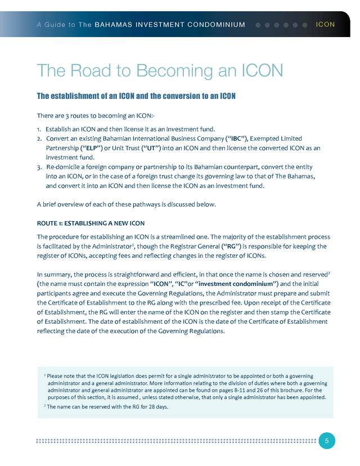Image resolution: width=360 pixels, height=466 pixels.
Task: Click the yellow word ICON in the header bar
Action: coord(326,25)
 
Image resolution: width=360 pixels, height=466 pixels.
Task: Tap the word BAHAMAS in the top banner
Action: coord(112,25)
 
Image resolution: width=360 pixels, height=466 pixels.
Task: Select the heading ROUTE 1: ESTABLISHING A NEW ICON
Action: coord(91,223)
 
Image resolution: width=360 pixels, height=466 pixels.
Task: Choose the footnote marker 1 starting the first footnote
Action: coord(44,375)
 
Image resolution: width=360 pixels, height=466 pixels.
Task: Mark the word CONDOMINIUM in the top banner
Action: coord(218,25)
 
